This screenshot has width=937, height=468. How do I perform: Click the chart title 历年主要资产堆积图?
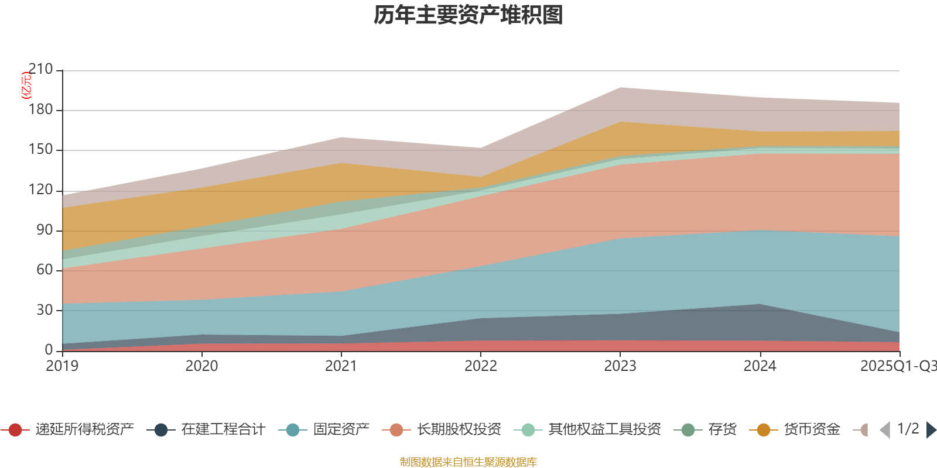click(x=468, y=15)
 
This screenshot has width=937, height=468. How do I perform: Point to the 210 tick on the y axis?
click(x=40, y=70)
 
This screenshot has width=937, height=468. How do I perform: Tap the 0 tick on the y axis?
click(x=49, y=350)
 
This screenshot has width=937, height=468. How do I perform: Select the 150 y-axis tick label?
click(x=40, y=150)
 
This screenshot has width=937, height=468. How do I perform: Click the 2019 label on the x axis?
click(x=62, y=366)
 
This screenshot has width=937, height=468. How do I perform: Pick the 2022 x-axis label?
click(x=480, y=366)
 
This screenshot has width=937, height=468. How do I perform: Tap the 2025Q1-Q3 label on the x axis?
click(x=897, y=366)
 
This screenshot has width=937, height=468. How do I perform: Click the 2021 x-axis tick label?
click(x=341, y=366)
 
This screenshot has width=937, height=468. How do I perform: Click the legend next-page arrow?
click(x=931, y=430)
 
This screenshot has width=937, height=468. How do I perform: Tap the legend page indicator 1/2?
click(x=908, y=429)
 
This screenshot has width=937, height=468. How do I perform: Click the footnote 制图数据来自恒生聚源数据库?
click(x=468, y=462)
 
